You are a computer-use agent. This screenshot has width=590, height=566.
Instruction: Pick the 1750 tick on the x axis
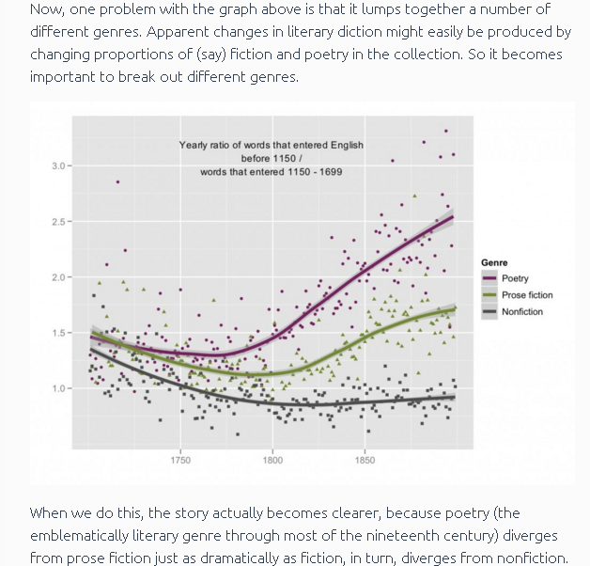180,461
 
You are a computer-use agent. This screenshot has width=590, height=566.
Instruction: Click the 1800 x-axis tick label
272,461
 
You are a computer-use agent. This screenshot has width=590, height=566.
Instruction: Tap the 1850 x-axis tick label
365,461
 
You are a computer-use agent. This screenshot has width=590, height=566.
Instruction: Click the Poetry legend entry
515,278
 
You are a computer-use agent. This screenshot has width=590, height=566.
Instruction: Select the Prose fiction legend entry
527,295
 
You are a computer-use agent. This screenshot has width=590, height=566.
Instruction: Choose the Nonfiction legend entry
521,311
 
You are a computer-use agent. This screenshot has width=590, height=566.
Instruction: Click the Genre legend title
494,262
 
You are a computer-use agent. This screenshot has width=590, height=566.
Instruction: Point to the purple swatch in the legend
489,278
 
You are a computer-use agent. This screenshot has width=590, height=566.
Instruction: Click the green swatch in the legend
489,295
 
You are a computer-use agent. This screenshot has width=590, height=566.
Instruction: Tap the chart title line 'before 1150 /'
271,159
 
